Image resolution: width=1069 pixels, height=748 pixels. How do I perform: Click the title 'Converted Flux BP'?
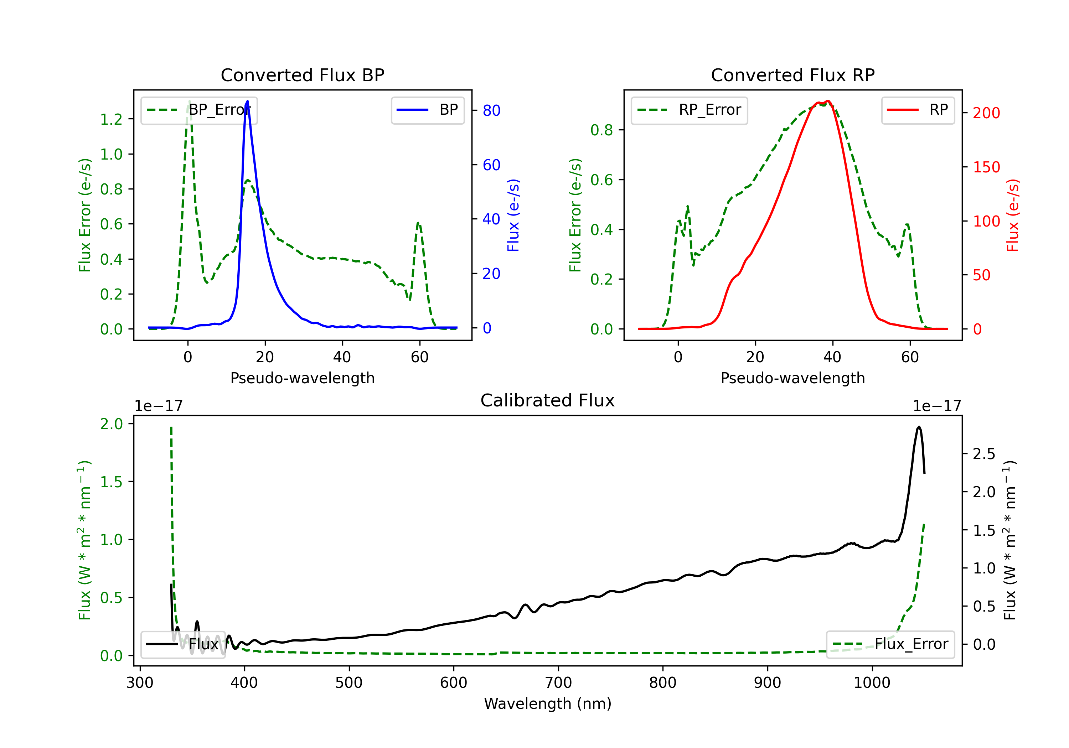point(303,75)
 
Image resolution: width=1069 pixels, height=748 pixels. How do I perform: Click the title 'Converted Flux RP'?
point(793,75)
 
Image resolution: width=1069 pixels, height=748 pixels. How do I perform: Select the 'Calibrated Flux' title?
point(548,400)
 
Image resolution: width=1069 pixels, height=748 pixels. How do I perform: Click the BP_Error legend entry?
point(199,110)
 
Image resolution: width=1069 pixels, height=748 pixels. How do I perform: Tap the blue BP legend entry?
point(427,110)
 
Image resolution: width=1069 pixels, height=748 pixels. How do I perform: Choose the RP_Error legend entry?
point(689,110)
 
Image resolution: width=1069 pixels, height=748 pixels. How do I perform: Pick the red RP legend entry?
point(918,110)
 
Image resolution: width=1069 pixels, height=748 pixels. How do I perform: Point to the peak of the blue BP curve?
point(247,101)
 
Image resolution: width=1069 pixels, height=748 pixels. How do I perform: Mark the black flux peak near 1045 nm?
point(919,426)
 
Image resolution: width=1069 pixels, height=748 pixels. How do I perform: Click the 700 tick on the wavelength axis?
point(558,683)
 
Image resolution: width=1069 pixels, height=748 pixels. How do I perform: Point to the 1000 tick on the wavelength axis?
point(872,683)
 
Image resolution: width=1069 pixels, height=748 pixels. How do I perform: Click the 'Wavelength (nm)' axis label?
point(548,703)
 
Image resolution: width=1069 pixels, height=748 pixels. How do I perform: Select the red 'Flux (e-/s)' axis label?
point(1013,215)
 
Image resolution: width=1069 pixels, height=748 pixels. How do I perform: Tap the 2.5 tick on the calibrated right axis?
point(984,454)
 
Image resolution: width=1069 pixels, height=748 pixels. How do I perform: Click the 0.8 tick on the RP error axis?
point(601,130)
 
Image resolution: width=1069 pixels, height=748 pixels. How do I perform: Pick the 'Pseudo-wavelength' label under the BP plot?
point(303,378)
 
